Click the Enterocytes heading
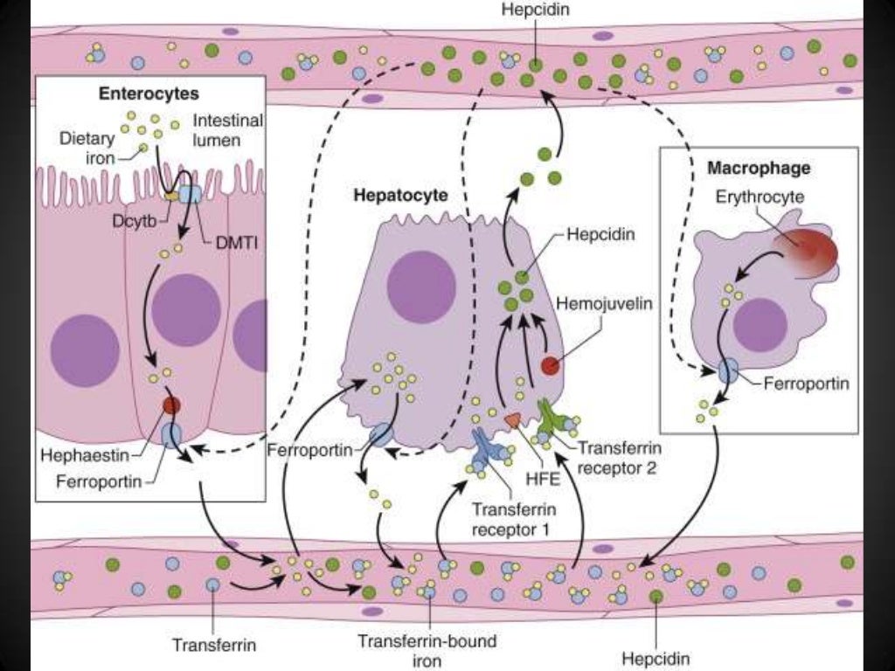click(136, 93)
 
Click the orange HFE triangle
click(513, 420)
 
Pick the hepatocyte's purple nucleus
click(422, 287)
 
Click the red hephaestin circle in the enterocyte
click(171, 405)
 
